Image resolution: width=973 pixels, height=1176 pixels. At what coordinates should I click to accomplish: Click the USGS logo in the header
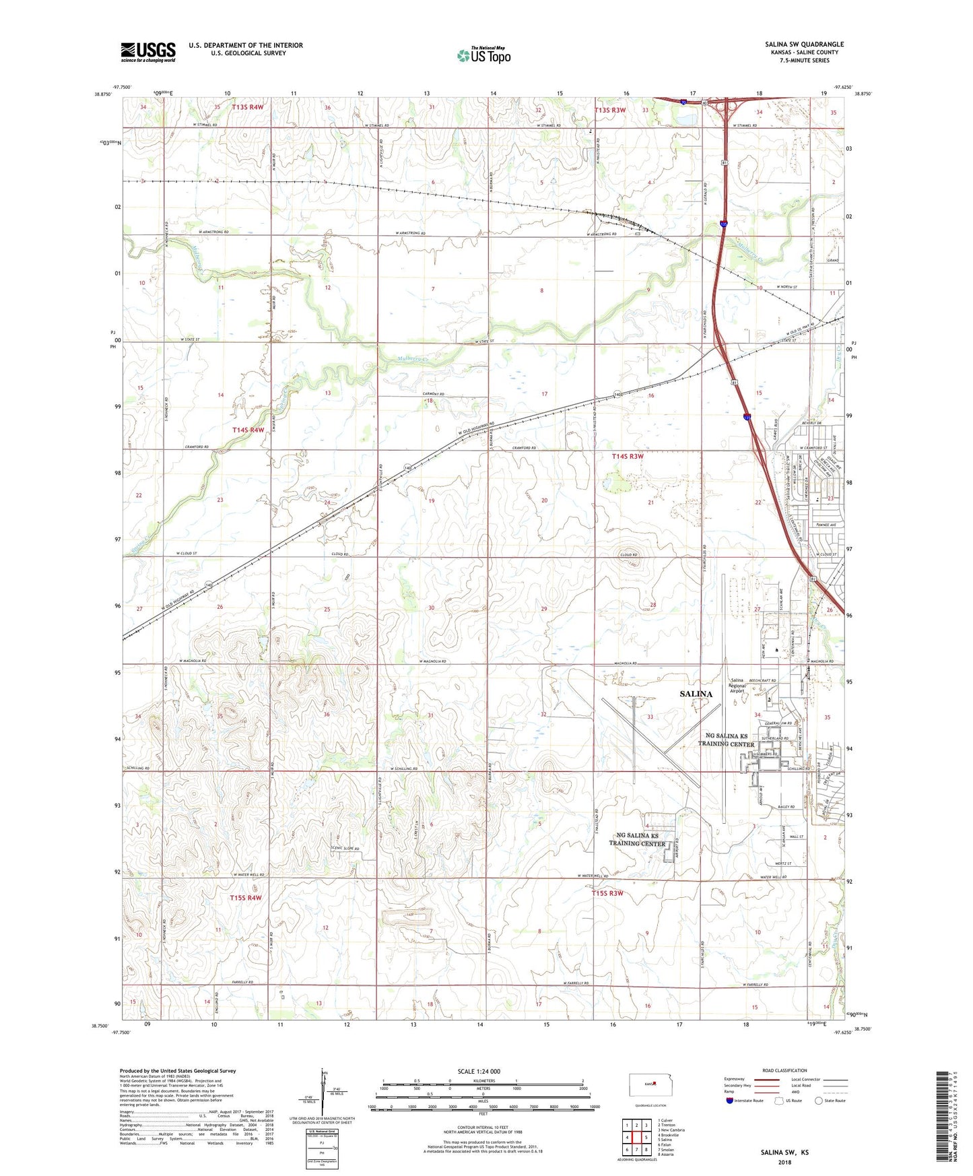click(147, 52)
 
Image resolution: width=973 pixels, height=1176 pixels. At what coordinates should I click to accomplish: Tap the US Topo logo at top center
click(483, 55)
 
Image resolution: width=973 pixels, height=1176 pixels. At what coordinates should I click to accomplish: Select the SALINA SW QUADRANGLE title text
click(804, 44)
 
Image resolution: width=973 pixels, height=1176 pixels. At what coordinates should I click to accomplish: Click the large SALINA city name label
click(696, 694)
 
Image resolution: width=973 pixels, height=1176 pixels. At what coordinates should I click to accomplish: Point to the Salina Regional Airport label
click(737, 685)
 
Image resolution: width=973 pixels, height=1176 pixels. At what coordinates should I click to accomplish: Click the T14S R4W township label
click(248, 430)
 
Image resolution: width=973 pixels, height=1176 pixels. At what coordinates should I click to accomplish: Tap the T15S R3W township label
click(607, 893)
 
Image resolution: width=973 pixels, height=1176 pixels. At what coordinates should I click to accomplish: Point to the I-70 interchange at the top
click(727, 106)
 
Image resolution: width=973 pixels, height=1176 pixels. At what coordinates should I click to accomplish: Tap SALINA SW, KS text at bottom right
click(784, 1152)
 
